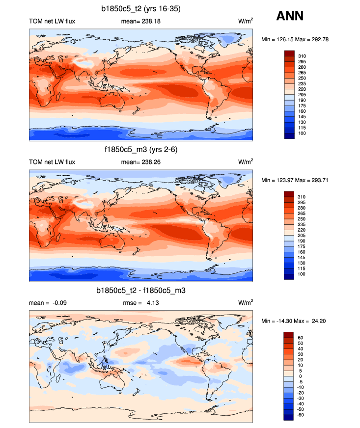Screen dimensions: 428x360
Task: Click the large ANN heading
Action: point(290,16)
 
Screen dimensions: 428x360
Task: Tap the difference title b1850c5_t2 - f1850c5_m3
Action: point(141,291)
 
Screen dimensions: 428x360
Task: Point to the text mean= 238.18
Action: point(141,21)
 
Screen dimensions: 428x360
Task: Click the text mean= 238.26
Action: point(141,162)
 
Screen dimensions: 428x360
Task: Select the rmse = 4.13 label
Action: point(140,303)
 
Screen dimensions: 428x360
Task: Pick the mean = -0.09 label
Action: point(48,303)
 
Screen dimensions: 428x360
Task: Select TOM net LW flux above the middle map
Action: point(52,162)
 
